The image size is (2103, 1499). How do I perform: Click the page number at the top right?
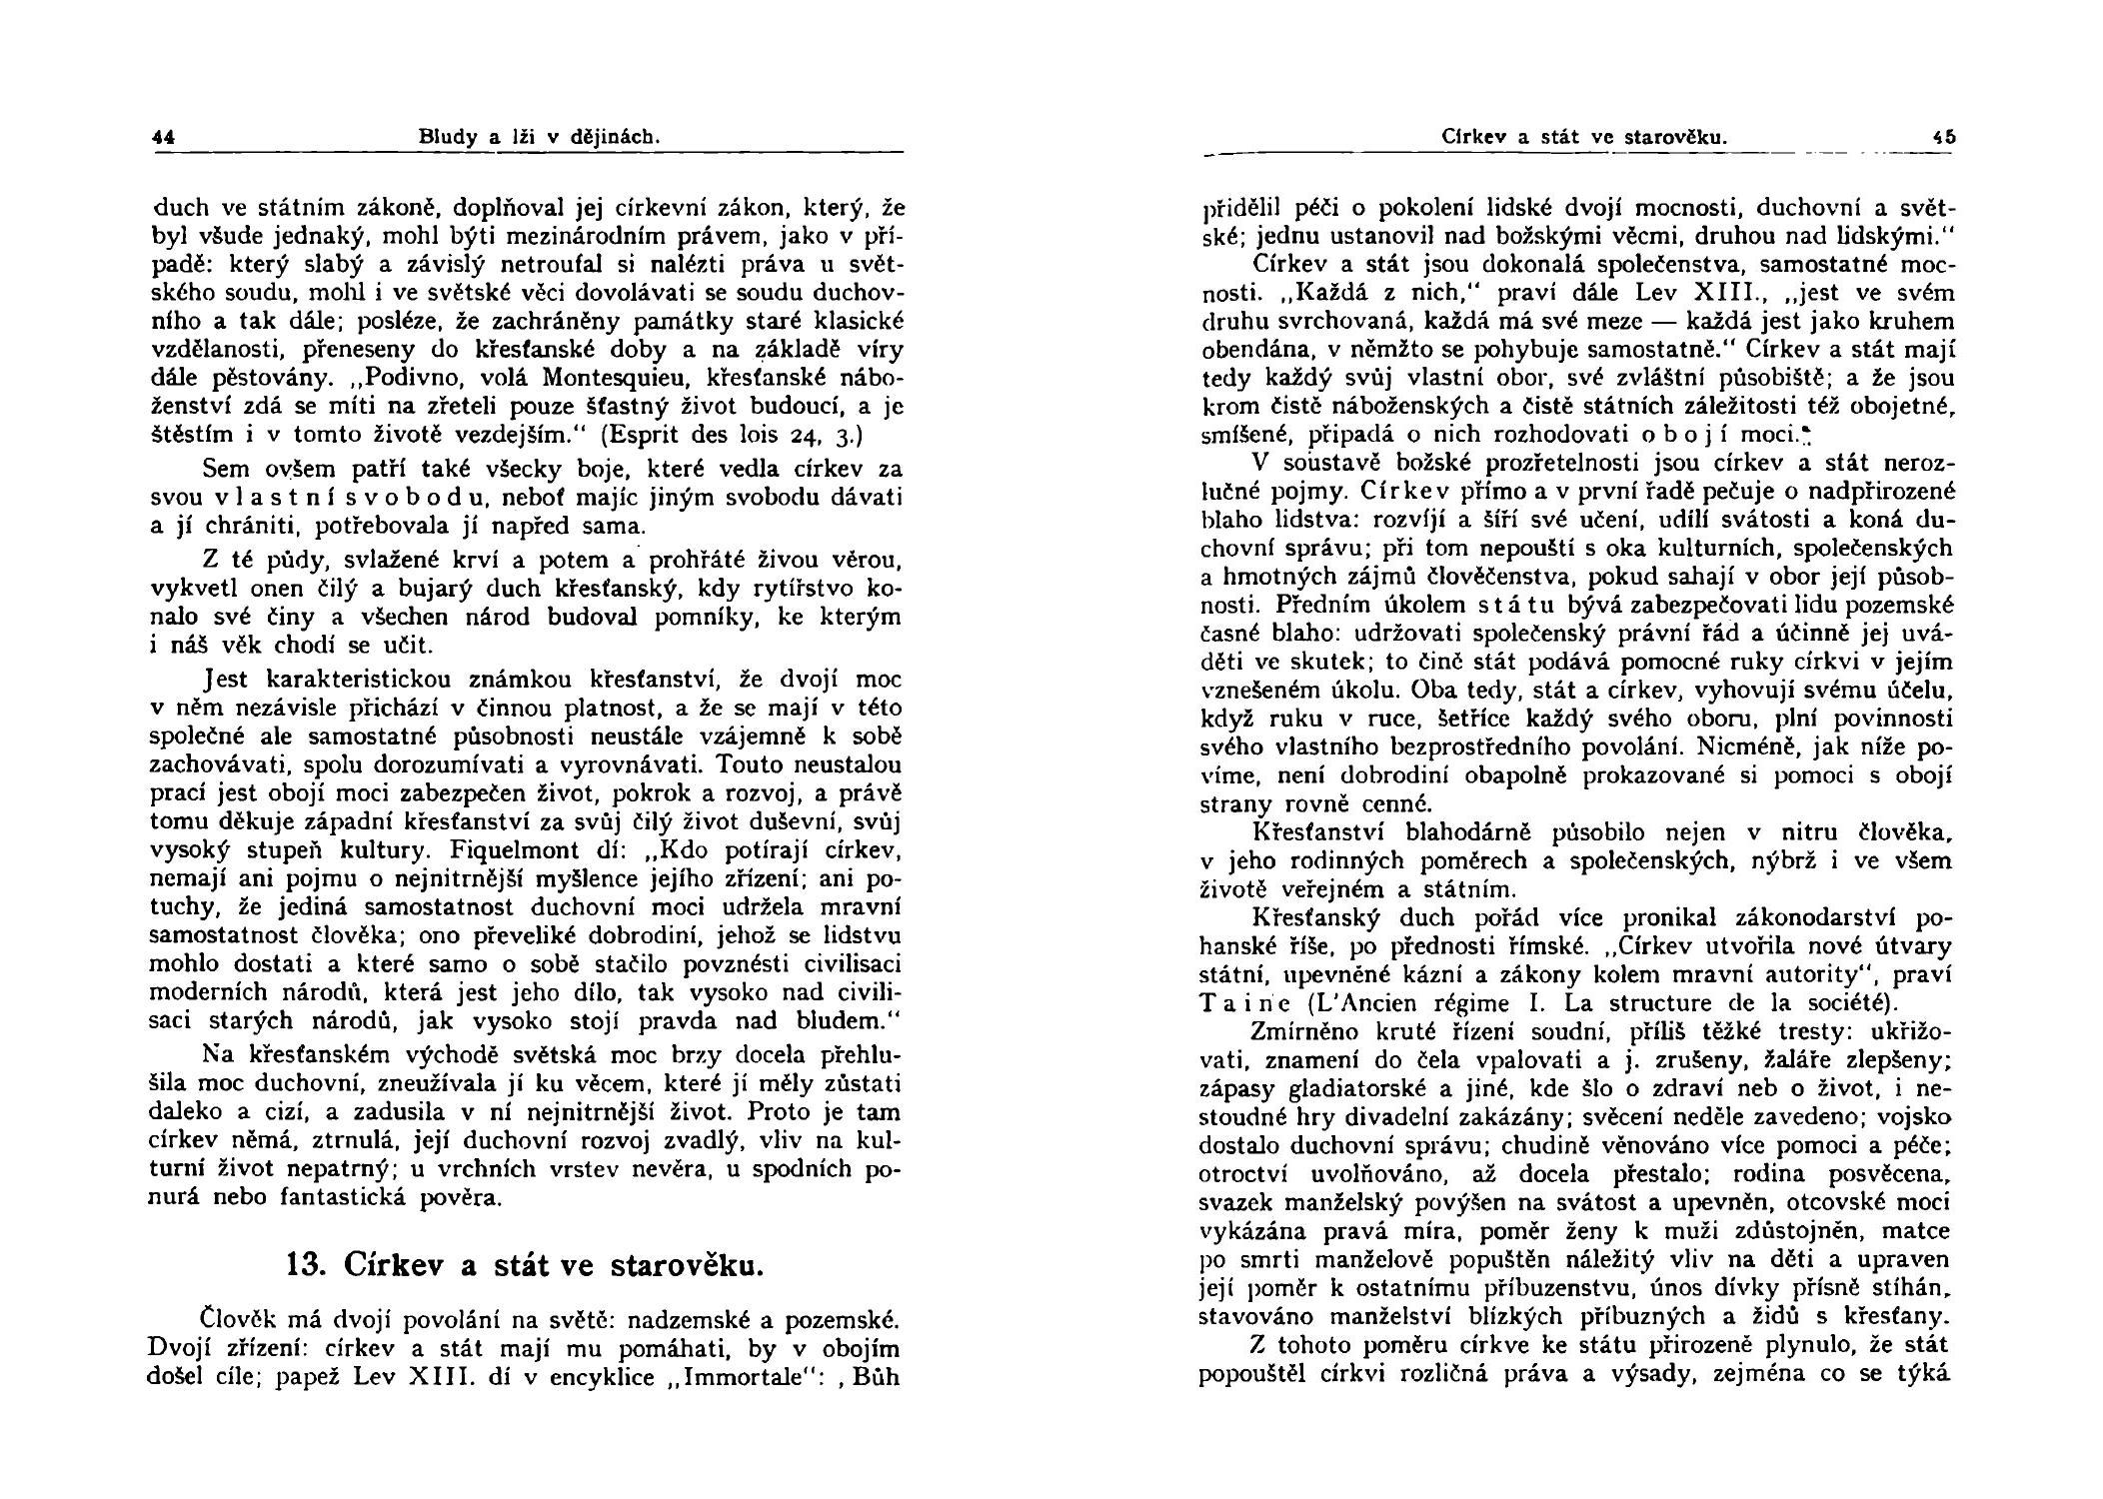(1943, 138)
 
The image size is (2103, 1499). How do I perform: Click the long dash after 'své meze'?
(1656, 323)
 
